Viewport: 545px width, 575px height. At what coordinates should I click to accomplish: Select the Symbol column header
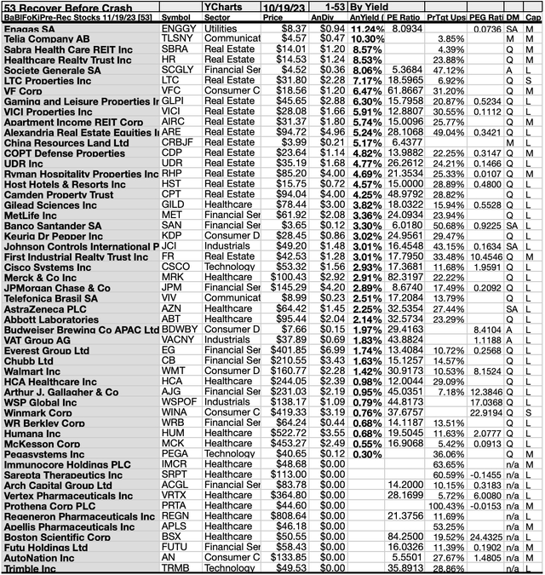(177, 16)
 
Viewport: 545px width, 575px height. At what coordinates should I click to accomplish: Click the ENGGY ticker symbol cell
(178, 28)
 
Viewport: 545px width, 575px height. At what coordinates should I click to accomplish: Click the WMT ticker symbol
(175, 371)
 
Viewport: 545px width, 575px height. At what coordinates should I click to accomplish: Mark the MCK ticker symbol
(175, 444)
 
